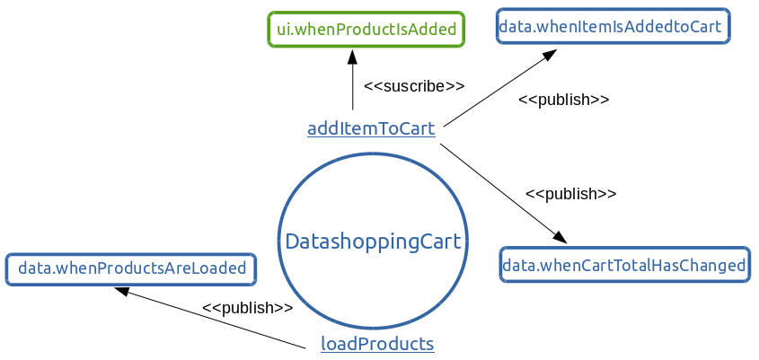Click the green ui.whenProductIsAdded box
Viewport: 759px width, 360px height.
point(366,29)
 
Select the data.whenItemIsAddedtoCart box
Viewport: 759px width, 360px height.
point(613,26)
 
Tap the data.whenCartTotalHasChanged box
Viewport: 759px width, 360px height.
point(624,265)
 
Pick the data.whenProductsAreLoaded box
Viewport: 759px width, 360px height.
point(131,268)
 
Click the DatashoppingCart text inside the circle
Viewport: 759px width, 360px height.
point(373,241)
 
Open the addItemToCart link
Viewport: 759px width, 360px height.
point(371,128)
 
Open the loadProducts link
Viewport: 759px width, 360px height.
point(377,344)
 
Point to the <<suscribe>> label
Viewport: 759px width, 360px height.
point(414,86)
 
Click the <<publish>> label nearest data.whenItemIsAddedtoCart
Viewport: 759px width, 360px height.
point(564,100)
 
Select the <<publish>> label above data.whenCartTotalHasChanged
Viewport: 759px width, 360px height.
point(571,193)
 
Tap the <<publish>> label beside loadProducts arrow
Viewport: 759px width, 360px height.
point(248,308)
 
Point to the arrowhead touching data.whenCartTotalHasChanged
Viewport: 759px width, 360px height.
point(560,237)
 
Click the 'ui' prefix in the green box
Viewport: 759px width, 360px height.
point(284,29)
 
